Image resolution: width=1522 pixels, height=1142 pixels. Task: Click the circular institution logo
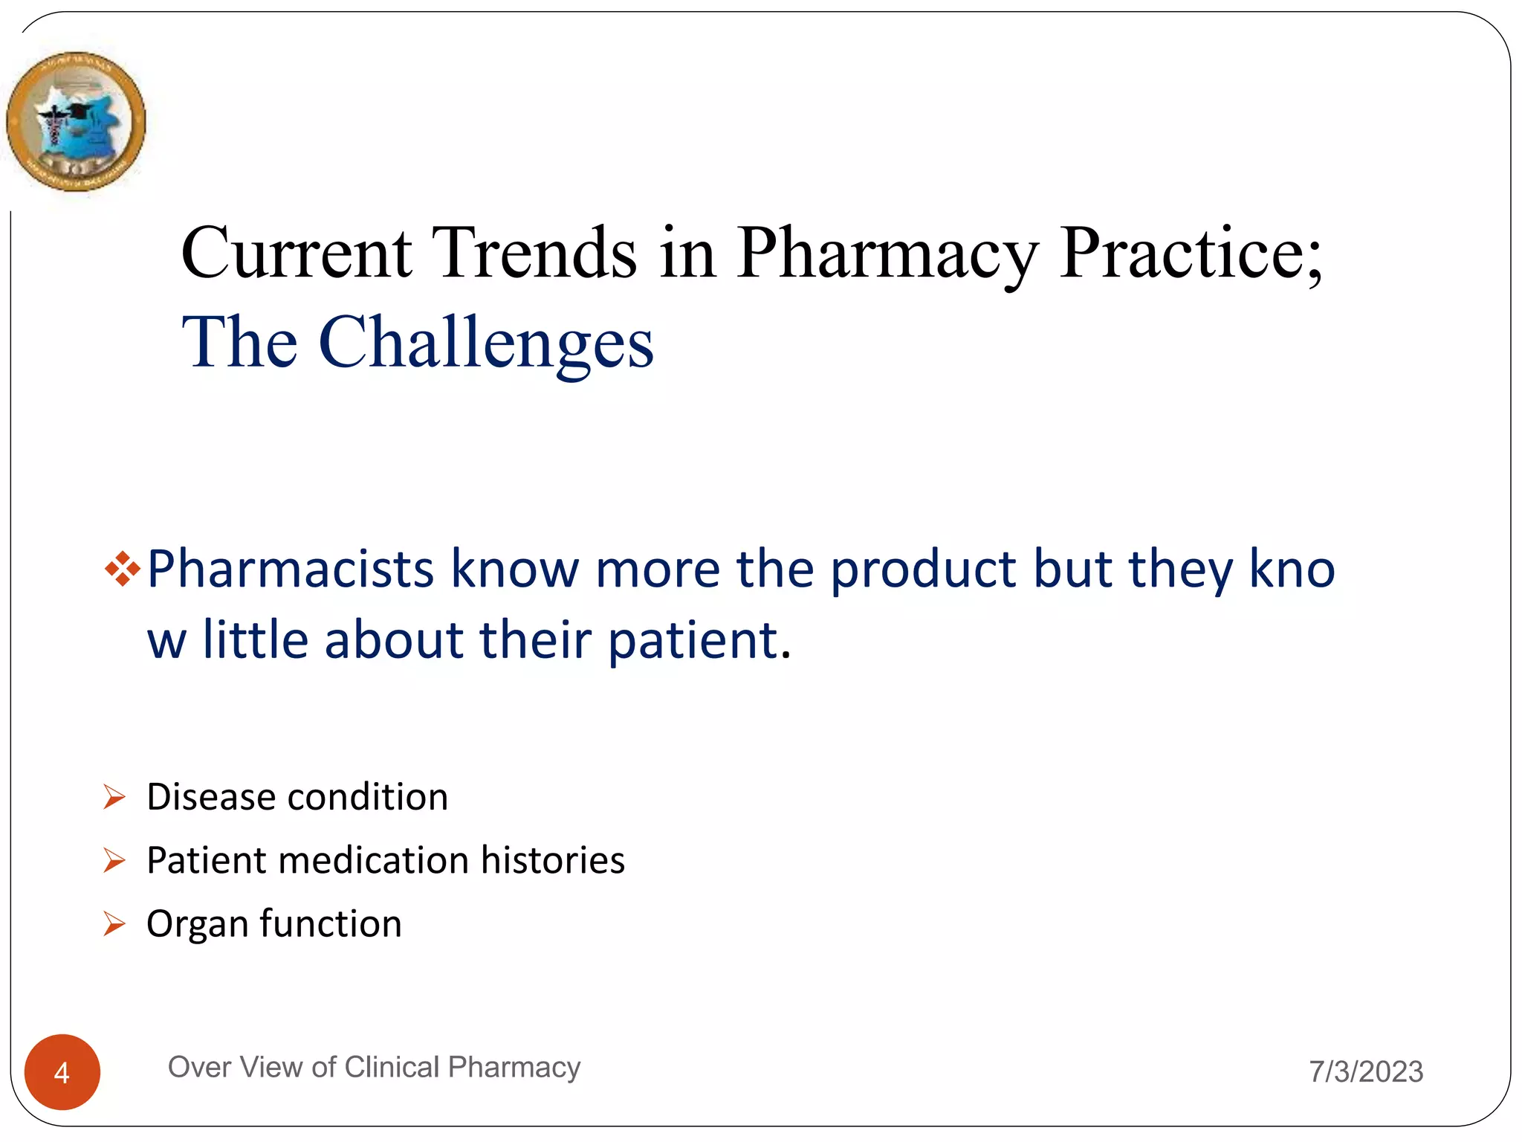76,121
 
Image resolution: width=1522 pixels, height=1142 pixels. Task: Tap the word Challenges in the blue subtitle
486,342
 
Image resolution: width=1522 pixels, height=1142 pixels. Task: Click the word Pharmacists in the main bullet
291,569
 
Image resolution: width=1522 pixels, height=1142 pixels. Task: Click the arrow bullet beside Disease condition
114,798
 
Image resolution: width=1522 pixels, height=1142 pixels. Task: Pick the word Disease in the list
211,797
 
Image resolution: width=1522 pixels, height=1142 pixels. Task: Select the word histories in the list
552,860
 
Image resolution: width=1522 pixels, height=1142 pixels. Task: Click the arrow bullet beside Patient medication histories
114,861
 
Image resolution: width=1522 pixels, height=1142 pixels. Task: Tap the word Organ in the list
197,925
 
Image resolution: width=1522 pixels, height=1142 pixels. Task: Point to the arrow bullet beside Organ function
114,924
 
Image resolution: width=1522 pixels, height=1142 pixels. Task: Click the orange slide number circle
62,1072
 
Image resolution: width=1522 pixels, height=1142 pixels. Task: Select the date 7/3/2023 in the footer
1366,1072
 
